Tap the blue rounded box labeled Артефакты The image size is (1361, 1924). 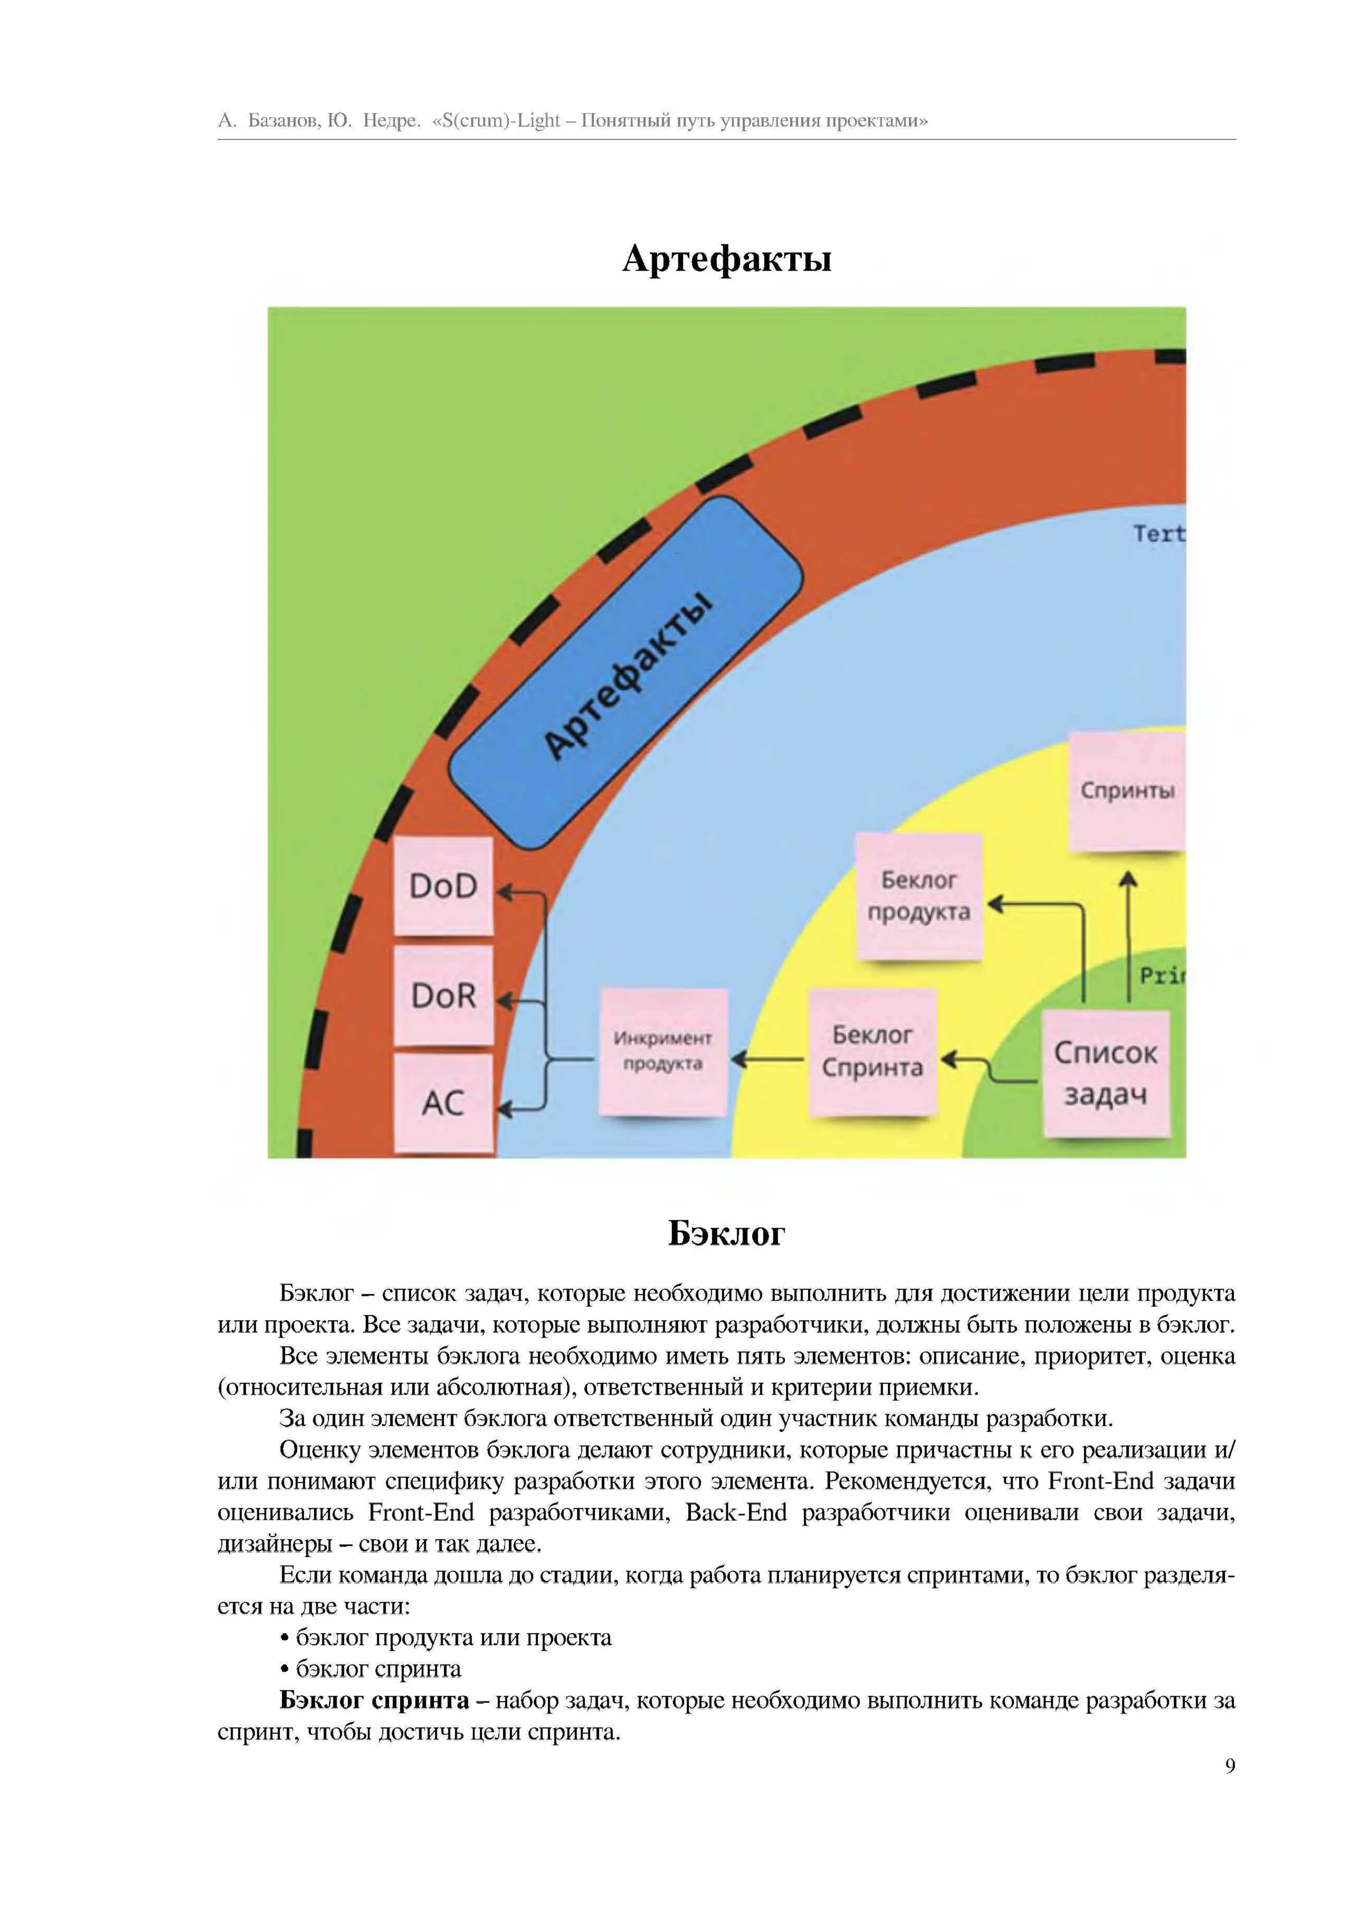pyautogui.click(x=626, y=672)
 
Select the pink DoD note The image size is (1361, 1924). pyautogui.click(x=443, y=886)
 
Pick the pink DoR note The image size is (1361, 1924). pyautogui.click(x=443, y=995)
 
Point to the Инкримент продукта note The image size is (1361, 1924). pyautogui.click(x=663, y=1051)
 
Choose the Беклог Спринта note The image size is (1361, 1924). pyautogui.click(x=872, y=1051)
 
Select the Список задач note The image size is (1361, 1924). pyautogui.click(x=1105, y=1074)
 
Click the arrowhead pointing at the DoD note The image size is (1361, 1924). pyautogui.click(x=505, y=891)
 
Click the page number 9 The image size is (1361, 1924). pyautogui.click(x=1229, y=1765)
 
